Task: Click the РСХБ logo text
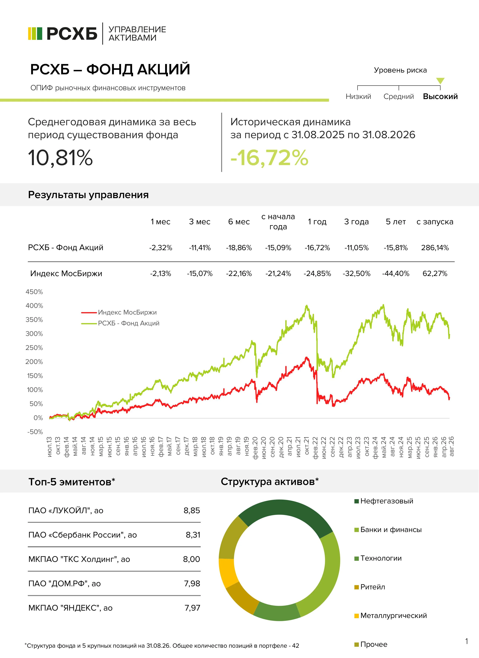[72, 34]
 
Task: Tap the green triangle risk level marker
[440, 81]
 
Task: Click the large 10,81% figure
[60, 158]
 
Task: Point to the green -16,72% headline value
[269, 158]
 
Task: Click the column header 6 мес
[239, 222]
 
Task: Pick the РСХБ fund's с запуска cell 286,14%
[435, 248]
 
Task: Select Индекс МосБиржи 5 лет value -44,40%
[396, 273]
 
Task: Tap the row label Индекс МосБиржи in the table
[66, 273]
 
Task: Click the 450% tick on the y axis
[34, 292]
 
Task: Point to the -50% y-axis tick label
[35, 432]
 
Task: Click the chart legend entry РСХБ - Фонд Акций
[129, 323]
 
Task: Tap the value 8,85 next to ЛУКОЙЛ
[192, 510]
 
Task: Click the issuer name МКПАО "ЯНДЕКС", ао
[70, 608]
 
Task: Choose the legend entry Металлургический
[393, 615]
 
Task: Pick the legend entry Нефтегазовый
[387, 501]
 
